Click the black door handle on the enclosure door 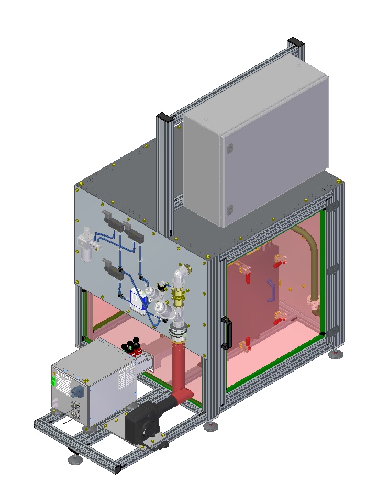coord(226,333)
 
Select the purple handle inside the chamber coord(271,290)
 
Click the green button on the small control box coord(52,382)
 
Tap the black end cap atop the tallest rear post coord(294,42)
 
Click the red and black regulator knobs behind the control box coord(132,345)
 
